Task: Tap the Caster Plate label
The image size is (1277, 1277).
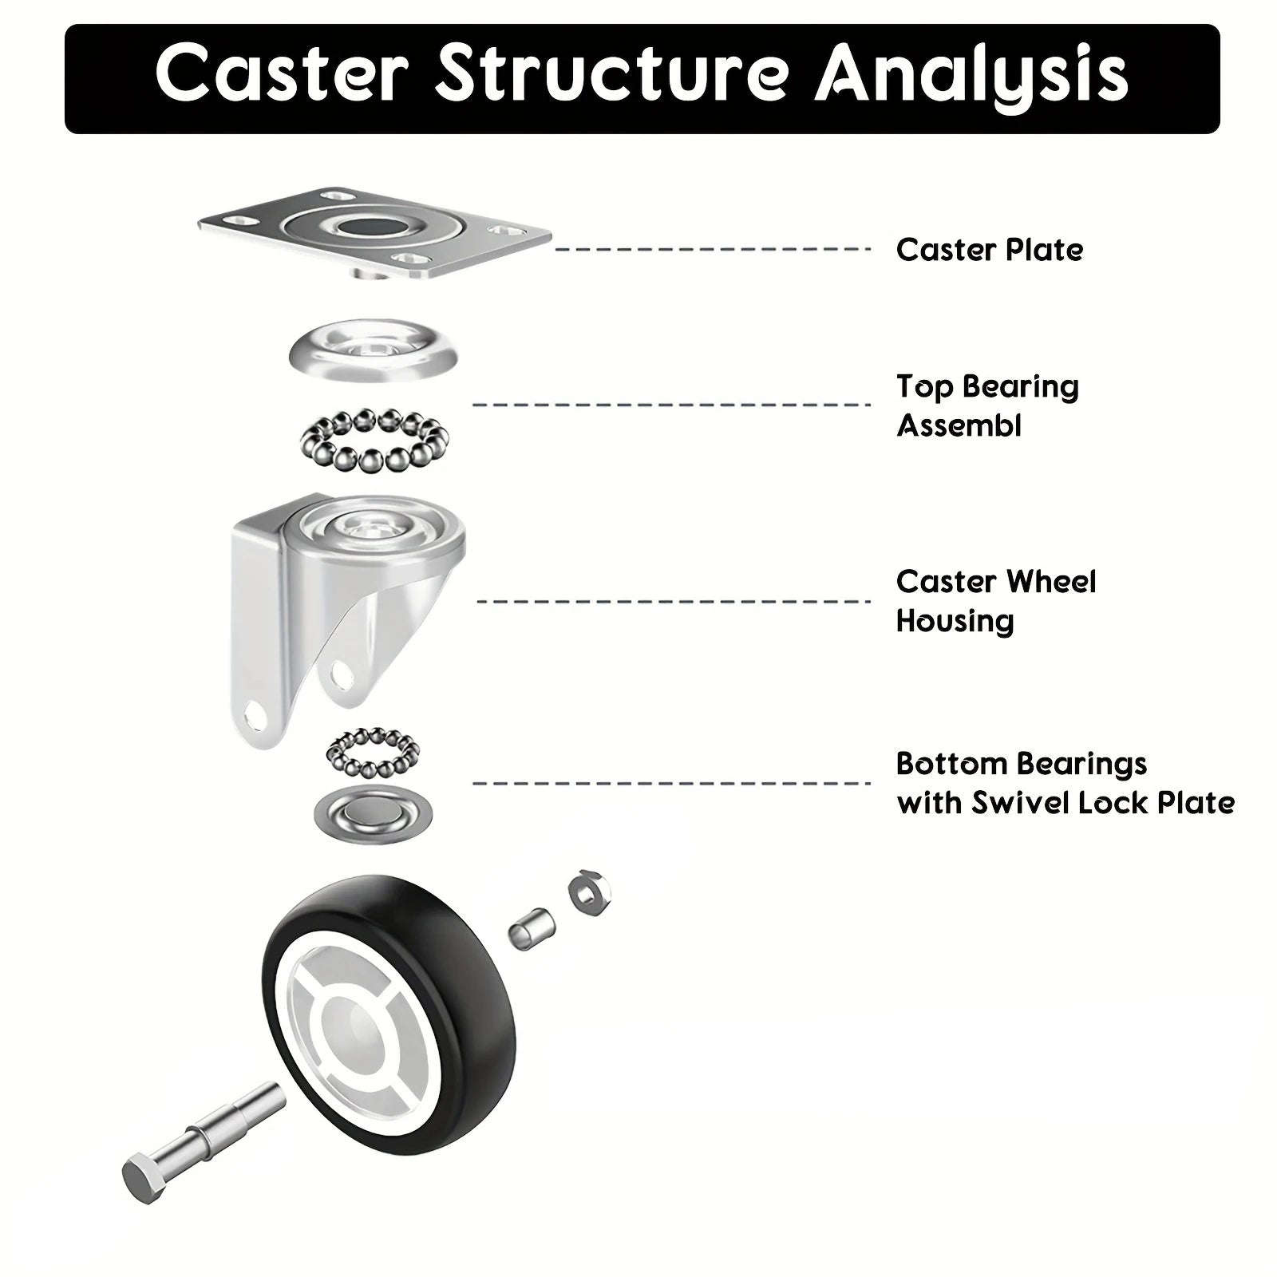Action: [989, 250]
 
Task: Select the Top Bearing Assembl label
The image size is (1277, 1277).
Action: [986, 405]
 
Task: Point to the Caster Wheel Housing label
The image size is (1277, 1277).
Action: [995, 600]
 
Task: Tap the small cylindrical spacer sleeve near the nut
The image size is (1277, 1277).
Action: [531, 927]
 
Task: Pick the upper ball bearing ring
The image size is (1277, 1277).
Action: [374, 441]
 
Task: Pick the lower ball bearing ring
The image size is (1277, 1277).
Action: [373, 752]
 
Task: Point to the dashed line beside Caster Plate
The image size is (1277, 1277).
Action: [712, 250]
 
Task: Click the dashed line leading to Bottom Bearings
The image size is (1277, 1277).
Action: [670, 783]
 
